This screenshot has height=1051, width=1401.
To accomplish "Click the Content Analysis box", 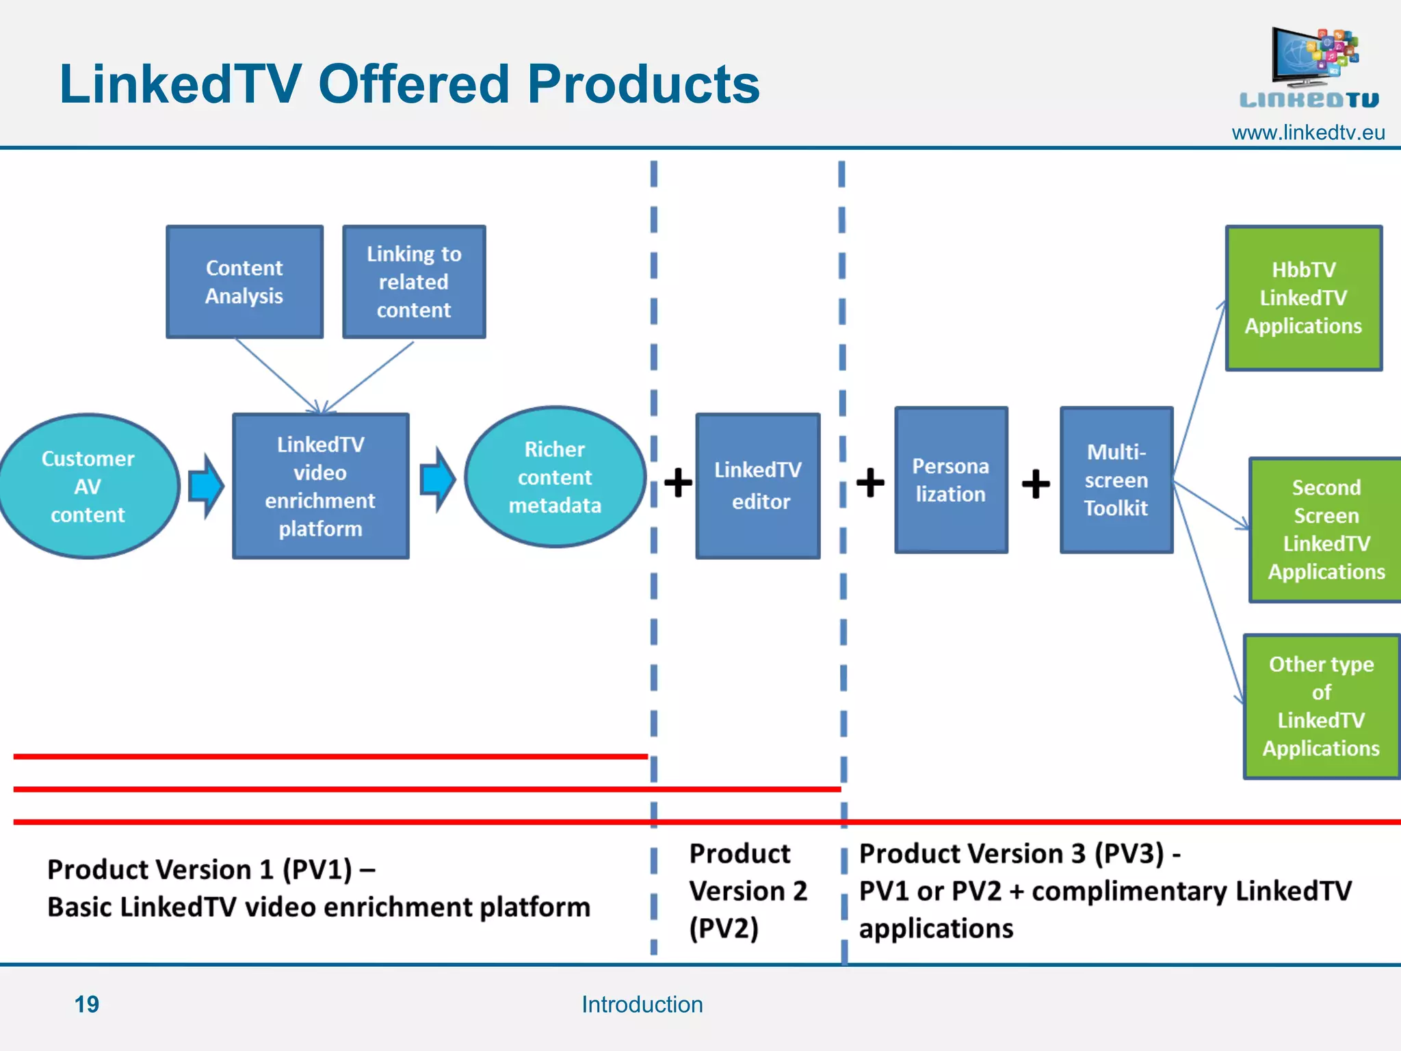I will [x=244, y=282].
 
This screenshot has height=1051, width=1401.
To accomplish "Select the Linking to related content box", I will [x=414, y=282].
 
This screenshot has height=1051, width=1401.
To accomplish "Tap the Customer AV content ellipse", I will [x=88, y=486].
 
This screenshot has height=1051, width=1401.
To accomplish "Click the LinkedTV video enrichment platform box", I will [x=320, y=486].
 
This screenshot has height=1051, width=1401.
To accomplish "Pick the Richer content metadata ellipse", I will [x=555, y=477].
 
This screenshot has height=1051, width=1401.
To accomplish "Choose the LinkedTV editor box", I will [x=757, y=486].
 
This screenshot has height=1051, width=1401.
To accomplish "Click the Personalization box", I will [x=951, y=480].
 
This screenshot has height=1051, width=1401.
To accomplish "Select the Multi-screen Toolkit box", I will [x=1116, y=480].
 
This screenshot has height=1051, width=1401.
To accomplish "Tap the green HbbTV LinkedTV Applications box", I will [x=1303, y=298].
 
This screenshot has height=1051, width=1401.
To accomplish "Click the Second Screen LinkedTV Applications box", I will [x=1326, y=530].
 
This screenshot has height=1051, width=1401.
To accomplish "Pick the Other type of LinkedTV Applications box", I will [x=1321, y=706].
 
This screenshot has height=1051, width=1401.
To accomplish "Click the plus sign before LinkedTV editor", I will [x=678, y=482].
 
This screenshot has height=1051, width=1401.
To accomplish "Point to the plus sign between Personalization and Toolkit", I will [x=1036, y=484].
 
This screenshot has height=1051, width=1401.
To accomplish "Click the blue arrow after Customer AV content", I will [x=205, y=486].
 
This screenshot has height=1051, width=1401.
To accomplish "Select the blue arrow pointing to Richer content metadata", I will [x=437, y=480].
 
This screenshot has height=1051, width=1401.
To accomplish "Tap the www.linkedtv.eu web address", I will [x=1308, y=132].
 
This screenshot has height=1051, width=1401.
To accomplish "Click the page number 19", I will [x=87, y=1004].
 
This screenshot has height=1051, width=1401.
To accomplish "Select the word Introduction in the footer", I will [x=642, y=1004].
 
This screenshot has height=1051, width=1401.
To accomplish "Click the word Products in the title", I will [x=643, y=84].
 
